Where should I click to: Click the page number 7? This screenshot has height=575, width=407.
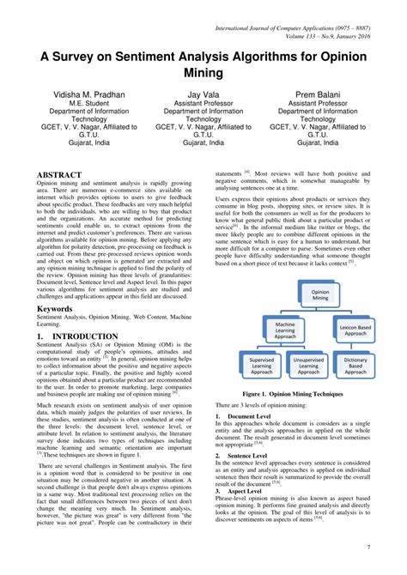pos(393,547)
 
